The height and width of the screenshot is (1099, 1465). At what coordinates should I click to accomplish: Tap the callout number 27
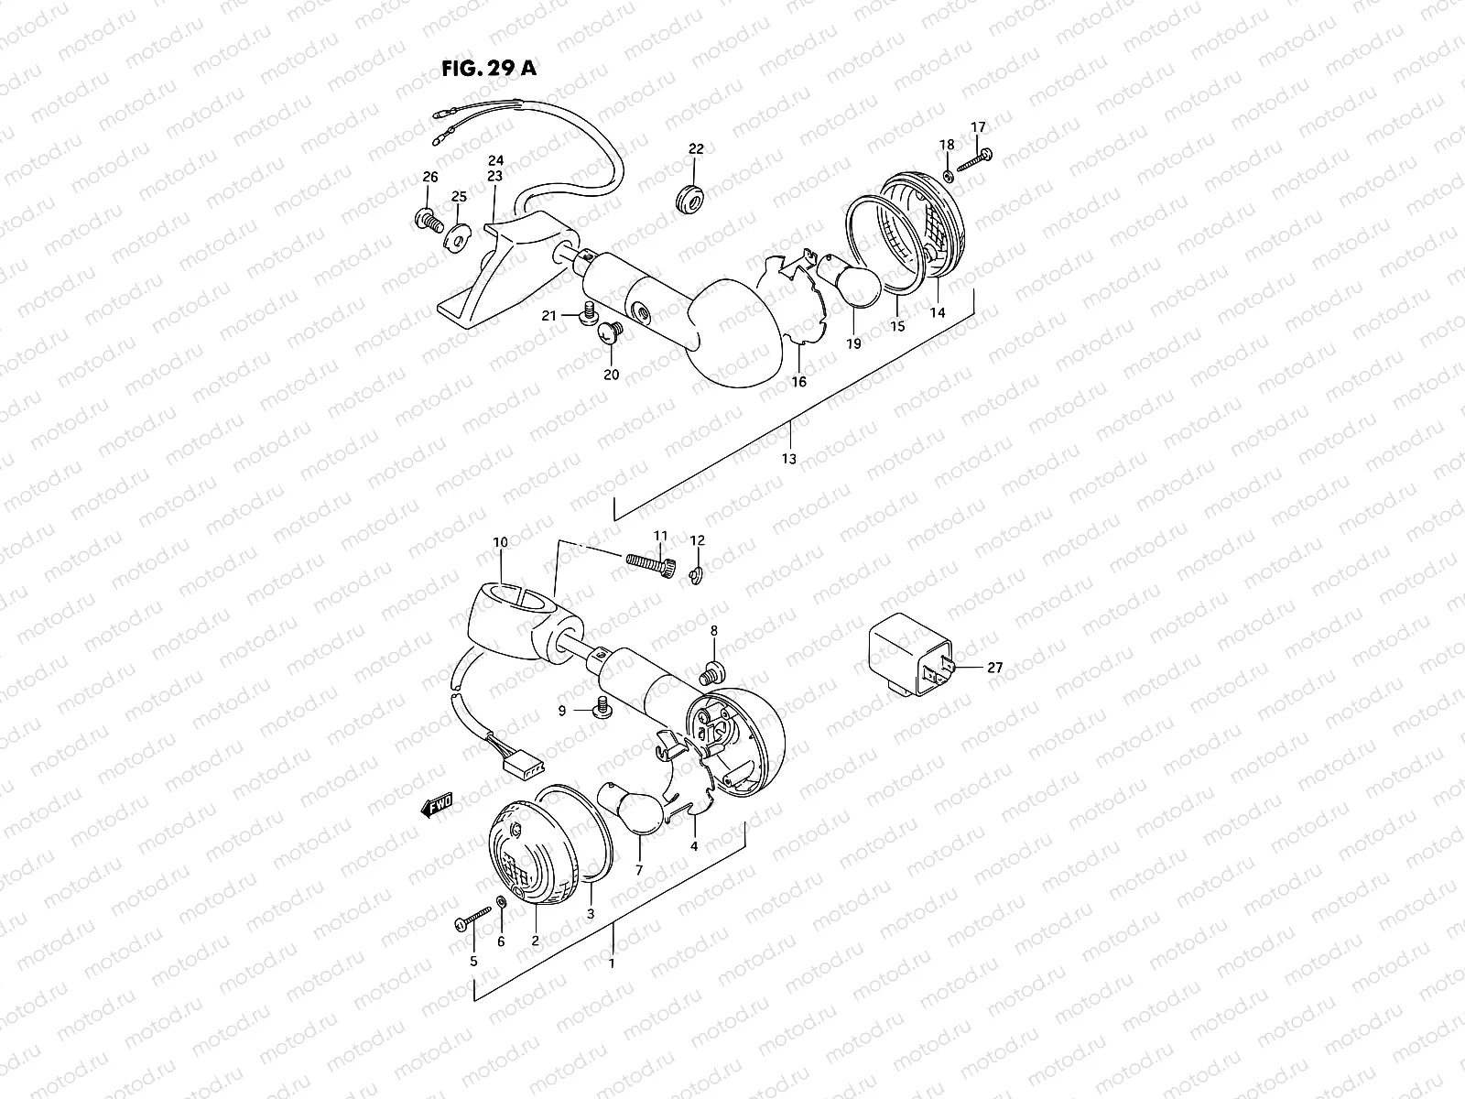pyautogui.click(x=994, y=668)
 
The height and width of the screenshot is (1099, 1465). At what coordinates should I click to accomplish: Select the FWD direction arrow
pyautogui.click(x=437, y=805)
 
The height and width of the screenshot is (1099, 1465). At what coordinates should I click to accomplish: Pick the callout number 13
pyautogui.click(x=789, y=458)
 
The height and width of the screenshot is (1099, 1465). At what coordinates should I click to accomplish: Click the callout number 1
pyautogui.click(x=612, y=963)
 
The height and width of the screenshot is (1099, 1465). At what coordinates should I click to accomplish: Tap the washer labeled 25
pyautogui.click(x=455, y=237)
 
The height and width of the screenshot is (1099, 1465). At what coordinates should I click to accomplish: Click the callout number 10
pyautogui.click(x=500, y=542)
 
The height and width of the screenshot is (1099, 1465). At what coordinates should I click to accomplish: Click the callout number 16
pyautogui.click(x=799, y=381)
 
